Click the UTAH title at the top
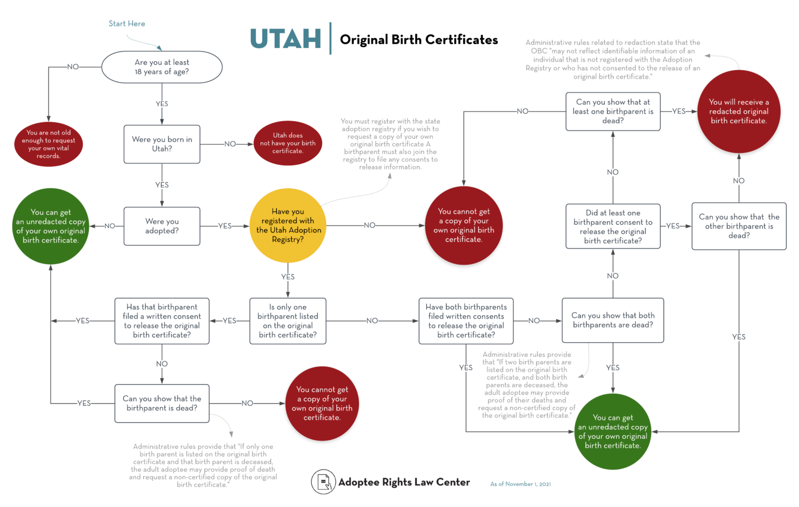(x=286, y=39)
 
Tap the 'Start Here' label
(x=127, y=23)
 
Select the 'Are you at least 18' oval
(x=162, y=67)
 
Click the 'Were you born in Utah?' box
(x=162, y=144)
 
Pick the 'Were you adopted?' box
(x=162, y=226)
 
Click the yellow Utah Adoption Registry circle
(x=288, y=226)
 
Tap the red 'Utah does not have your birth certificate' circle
(x=288, y=143)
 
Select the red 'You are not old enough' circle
(x=48, y=144)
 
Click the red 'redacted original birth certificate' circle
(x=739, y=111)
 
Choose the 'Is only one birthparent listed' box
(x=288, y=321)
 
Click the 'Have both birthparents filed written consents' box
(x=466, y=321)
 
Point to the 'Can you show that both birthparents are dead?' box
(x=613, y=320)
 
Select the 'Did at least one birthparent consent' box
(x=613, y=226)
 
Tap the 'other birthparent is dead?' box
(x=739, y=226)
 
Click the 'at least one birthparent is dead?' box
(x=613, y=111)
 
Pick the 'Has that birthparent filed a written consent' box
(x=162, y=321)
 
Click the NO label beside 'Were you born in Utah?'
(x=230, y=144)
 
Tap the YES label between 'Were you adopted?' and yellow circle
(x=225, y=226)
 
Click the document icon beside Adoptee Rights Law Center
(x=323, y=482)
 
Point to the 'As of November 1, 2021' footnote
(x=520, y=484)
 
